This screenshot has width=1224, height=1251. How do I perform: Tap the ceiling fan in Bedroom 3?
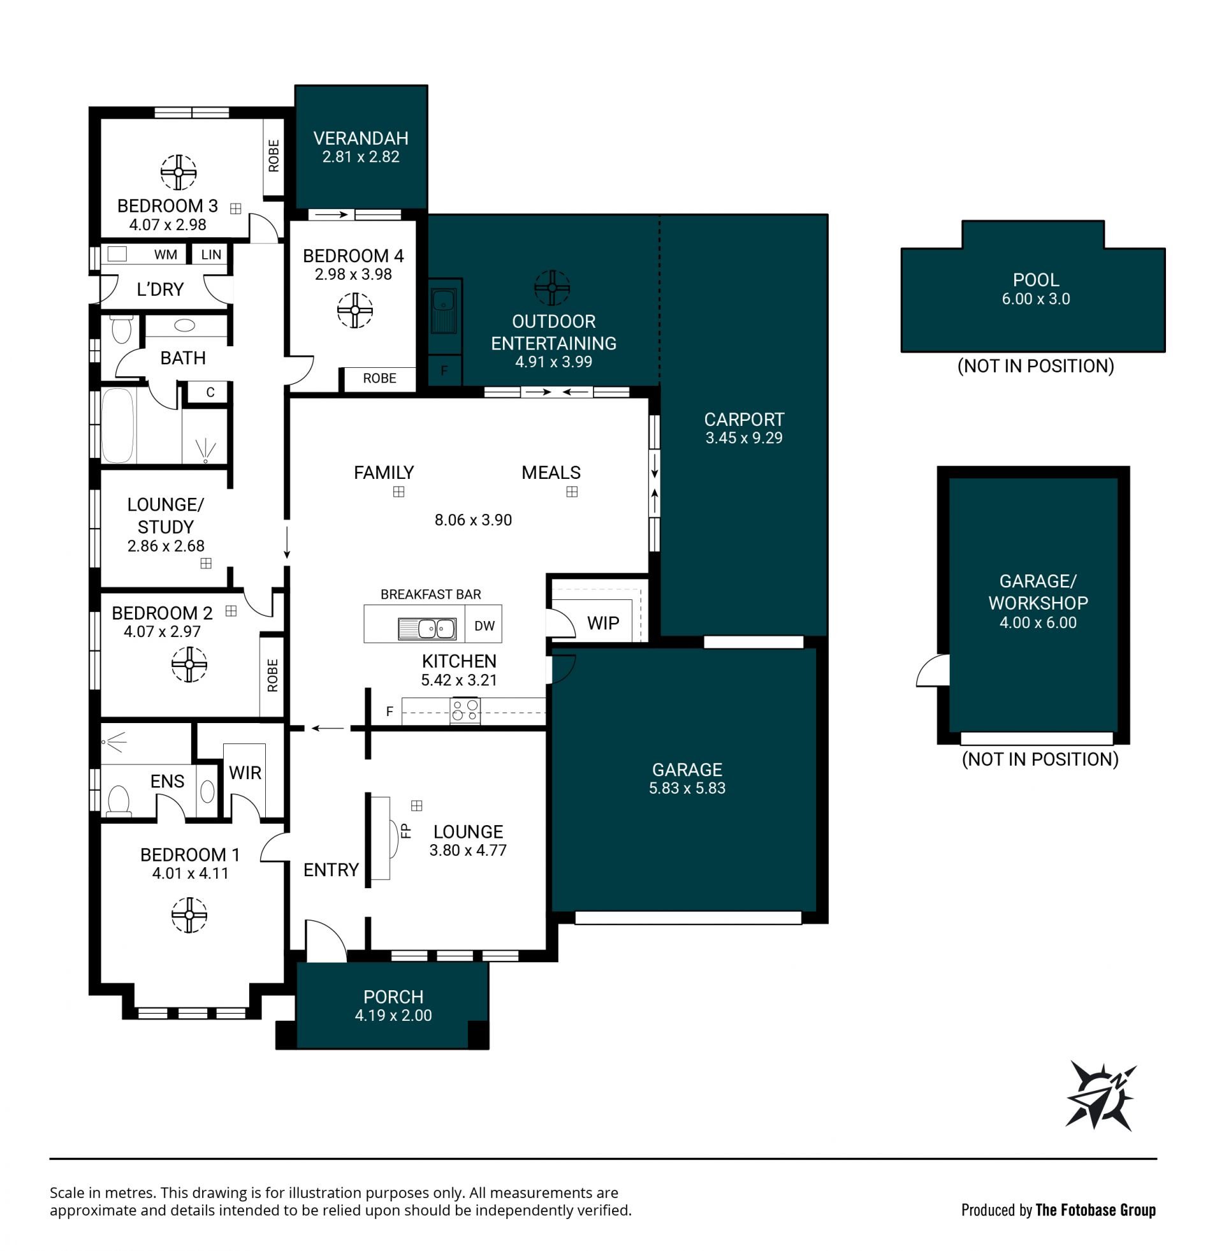point(178,172)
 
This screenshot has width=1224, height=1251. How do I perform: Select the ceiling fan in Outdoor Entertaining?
point(552,288)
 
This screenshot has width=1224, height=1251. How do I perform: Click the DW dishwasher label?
point(484,626)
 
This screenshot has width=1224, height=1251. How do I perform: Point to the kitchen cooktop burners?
point(465,710)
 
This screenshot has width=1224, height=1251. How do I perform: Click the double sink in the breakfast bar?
point(427,628)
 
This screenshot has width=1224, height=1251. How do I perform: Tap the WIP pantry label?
point(603,623)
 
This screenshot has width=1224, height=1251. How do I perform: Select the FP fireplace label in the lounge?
point(405,831)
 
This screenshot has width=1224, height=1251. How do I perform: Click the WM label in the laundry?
point(165,254)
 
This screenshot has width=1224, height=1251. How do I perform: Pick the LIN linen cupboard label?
point(211,254)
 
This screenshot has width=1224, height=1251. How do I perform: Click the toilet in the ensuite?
point(119,801)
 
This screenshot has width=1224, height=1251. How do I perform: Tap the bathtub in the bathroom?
point(118,425)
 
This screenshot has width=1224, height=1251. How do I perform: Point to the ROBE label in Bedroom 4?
point(379,378)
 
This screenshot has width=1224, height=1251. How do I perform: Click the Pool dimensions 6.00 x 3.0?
point(1036,299)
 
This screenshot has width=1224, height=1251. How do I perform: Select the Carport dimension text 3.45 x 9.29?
point(744,438)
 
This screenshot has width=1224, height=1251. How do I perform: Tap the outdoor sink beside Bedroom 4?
point(443,311)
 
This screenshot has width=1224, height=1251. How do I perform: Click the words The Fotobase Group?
point(1095,1210)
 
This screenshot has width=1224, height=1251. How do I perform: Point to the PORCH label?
point(393,997)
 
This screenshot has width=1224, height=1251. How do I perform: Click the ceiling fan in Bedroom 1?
point(189,914)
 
